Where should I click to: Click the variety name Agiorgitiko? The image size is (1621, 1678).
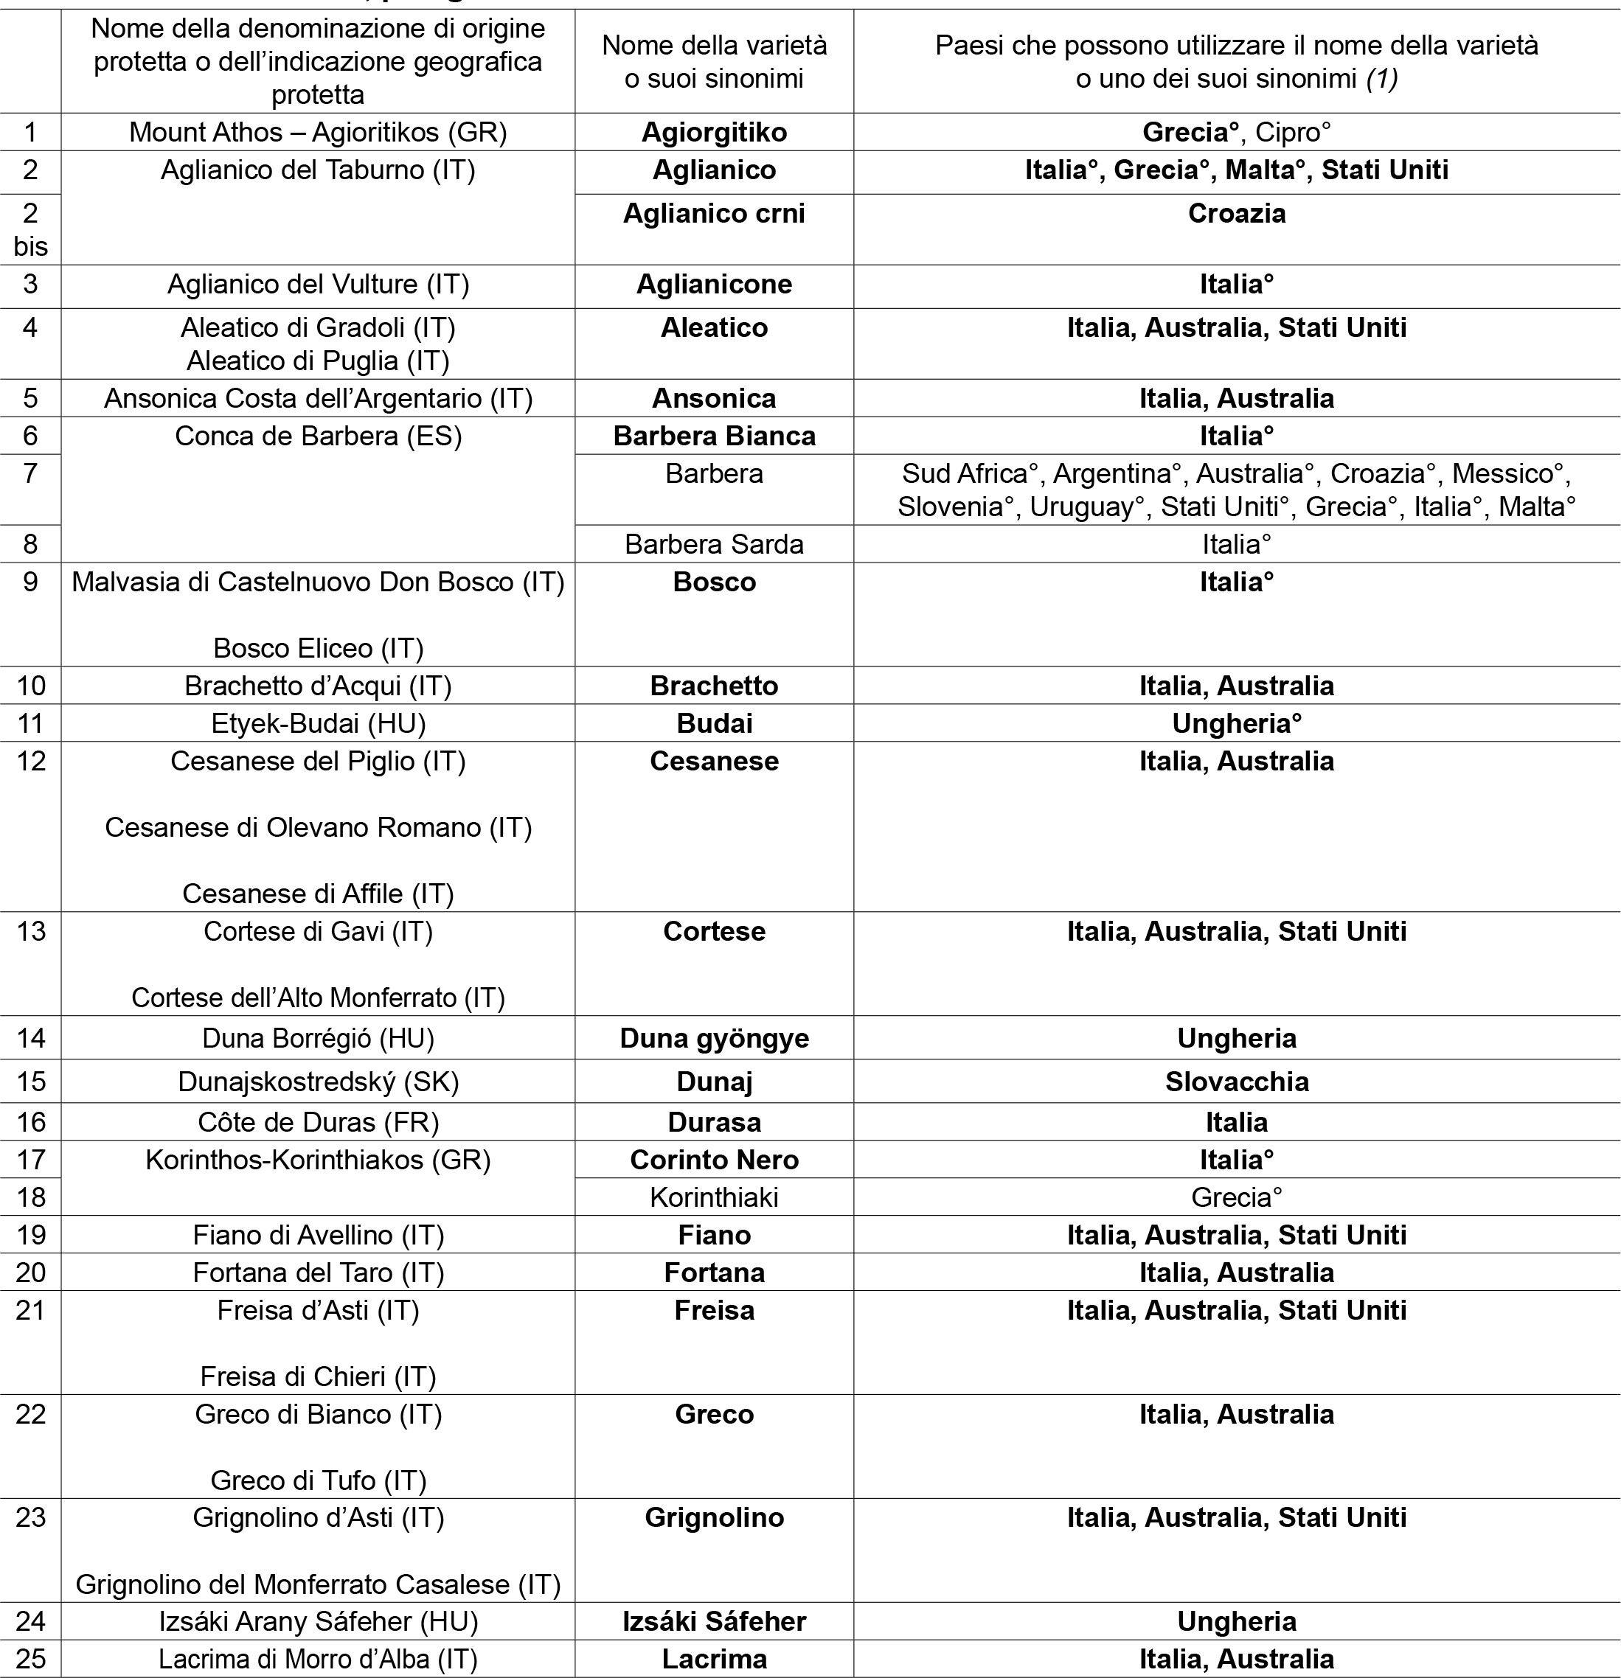tap(714, 132)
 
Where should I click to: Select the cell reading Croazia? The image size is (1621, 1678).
tap(1237, 213)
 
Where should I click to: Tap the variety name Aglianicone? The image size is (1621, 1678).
tap(714, 285)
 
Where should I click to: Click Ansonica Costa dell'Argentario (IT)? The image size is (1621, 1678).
tap(319, 398)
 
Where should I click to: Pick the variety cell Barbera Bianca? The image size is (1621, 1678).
tap(714, 436)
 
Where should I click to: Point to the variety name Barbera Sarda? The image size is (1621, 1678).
tap(714, 545)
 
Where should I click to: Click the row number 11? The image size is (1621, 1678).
tap(31, 723)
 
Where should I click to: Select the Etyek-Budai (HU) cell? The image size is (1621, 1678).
tap(319, 723)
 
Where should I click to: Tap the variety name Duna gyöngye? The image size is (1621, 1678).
tap(714, 1039)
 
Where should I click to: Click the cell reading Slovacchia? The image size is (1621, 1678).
tap(1237, 1082)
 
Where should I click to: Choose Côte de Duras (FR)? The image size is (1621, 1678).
tap(319, 1122)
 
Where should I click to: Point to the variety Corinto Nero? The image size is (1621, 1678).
tap(714, 1160)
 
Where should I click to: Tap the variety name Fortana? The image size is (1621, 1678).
tap(714, 1273)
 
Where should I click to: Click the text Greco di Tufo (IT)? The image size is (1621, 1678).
tap(319, 1480)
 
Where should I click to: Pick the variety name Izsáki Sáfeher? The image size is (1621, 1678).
tap(714, 1621)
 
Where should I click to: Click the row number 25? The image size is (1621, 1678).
tap(31, 1659)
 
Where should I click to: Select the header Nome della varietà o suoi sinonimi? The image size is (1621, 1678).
tap(714, 62)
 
